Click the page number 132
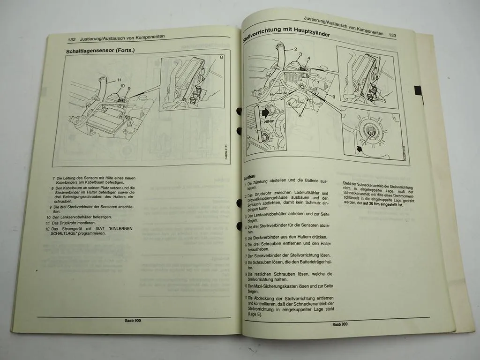pyautogui.click(x=72, y=40)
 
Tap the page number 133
pyautogui.click(x=392, y=35)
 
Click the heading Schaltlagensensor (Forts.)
pyautogui.click(x=100, y=50)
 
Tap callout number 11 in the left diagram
pyautogui.click(x=119, y=80)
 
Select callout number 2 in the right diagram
pyautogui.click(x=295, y=49)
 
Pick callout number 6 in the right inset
pyautogui.click(x=379, y=58)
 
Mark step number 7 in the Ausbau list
pyautogui.click(x=246, y=256)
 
